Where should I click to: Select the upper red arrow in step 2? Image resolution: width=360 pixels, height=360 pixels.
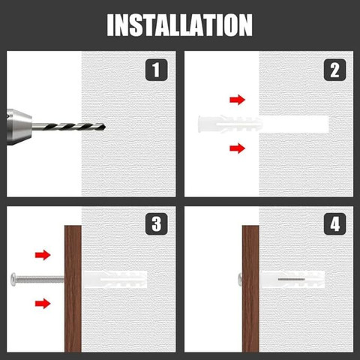(237, 99)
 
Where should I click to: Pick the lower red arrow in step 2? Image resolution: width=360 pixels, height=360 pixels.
(237, 148)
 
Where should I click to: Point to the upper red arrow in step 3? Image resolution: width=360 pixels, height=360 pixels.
(43, 255)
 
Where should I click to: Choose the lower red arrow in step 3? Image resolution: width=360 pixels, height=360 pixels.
(43, 303)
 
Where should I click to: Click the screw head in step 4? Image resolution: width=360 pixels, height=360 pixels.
(238, 279)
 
